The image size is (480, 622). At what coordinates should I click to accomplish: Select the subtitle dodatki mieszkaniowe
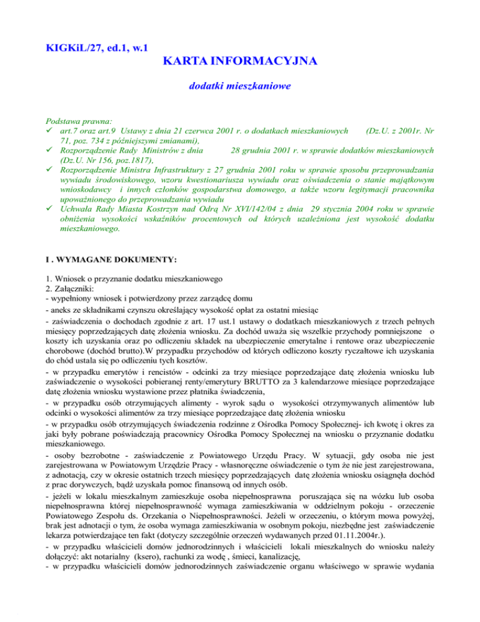tap(240, 89)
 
